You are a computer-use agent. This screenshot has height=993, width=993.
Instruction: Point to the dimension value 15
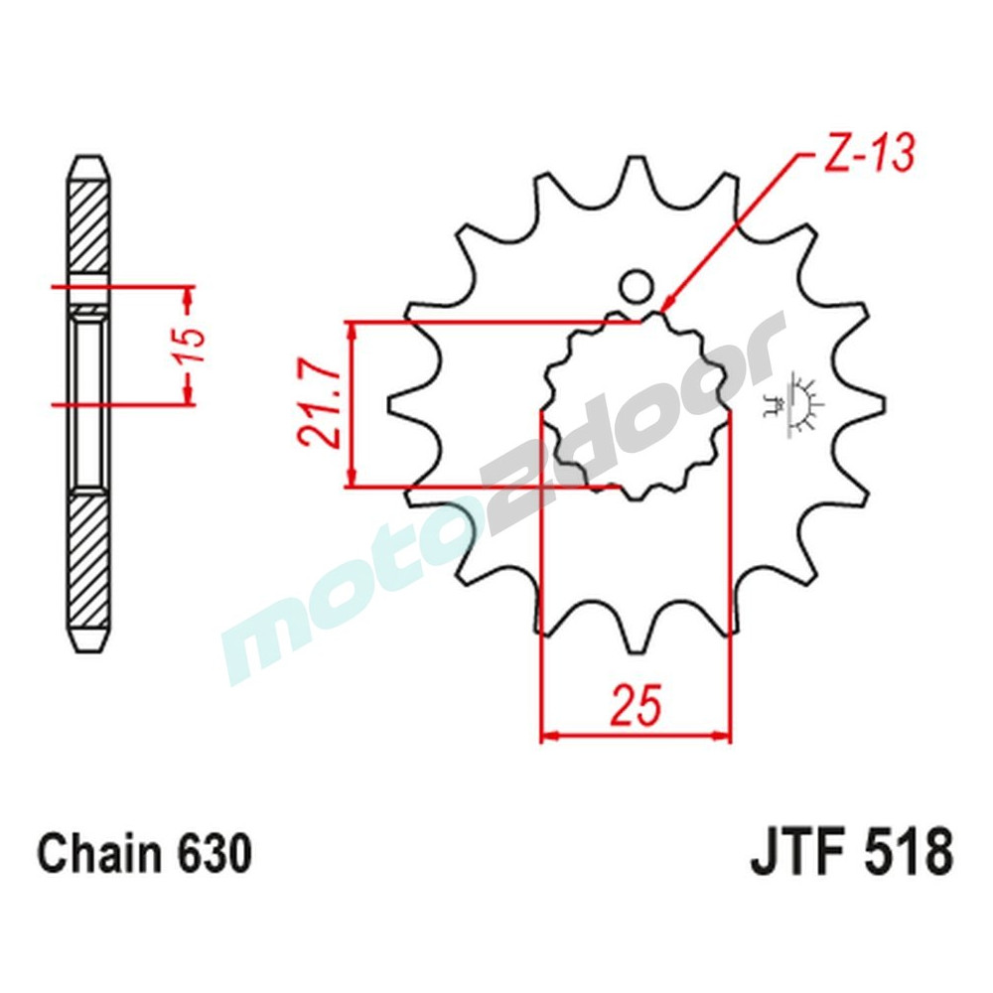(196, 346)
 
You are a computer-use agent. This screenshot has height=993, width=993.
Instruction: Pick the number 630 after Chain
(211, 854)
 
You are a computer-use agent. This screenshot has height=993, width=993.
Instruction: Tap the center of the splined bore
(636, 405)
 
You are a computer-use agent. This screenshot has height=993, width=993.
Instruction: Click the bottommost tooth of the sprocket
(636, 636)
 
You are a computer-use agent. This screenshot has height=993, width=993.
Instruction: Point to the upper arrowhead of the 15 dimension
(188, 295)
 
